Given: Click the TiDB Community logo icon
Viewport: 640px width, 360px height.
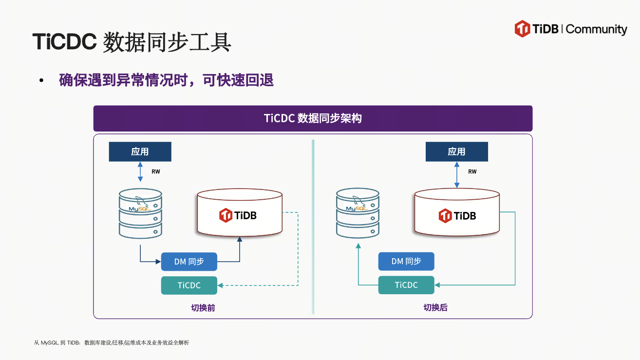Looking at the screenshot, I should [522, 29].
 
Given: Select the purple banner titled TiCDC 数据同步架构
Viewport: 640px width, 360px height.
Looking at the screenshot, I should [313, 118].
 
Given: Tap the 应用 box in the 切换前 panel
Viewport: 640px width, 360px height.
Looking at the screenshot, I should [140, 152].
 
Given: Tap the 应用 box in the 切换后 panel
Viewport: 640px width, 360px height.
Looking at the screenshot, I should [456, 152].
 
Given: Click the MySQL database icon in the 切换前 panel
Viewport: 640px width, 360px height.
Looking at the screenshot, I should [140, 213].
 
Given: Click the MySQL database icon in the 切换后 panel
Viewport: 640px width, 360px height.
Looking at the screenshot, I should [358, 213].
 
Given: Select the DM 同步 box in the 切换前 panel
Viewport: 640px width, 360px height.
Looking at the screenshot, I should [189, 262].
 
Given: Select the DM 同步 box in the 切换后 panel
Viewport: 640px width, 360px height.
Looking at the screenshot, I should [406, 262].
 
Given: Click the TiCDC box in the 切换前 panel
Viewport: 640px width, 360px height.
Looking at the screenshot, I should [189, 285].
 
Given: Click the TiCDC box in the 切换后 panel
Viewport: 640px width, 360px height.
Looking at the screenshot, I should [406, 285].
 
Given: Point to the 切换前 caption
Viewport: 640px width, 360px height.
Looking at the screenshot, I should [203, 308].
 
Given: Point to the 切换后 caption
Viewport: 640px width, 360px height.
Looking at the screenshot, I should [435, 308].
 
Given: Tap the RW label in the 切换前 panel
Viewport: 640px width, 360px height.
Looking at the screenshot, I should [156, 171].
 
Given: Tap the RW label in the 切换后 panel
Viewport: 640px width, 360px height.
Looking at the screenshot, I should [472, 171].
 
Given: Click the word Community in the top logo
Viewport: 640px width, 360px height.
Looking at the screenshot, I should [597, 29].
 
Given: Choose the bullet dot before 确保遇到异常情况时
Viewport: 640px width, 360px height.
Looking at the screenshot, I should [42, 80].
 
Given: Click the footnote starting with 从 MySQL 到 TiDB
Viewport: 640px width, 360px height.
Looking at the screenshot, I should [112, 343].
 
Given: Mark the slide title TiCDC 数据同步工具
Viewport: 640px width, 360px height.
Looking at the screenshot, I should [132, 42].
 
